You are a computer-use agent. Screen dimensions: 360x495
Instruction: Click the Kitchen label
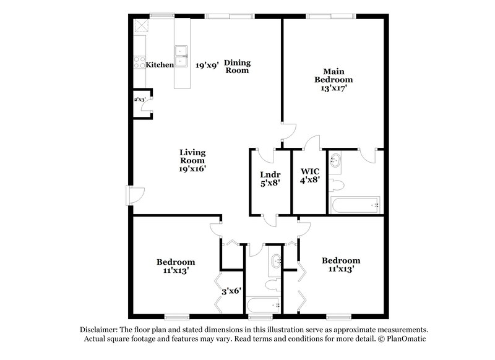tap(160, 64)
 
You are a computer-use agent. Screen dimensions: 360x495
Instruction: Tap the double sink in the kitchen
tap(182, 55)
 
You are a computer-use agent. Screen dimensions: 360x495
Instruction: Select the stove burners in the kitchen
tap(138, 62)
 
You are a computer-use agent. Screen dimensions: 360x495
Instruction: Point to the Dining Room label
tap(236, 66)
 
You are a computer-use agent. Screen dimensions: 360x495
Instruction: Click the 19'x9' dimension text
tap(207, 64)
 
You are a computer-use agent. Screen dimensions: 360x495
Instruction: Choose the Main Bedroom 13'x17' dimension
tap(334, 88)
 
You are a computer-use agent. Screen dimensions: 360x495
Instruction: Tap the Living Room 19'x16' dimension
tap(192, 168)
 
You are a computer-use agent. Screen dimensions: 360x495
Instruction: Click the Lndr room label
tap(270, 174)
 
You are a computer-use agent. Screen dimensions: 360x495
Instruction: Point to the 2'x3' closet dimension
tap(140, 99)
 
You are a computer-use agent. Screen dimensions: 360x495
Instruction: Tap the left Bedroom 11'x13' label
tap(175, 266)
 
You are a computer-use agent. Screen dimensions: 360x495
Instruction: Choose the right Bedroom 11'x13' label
tap(341, 265)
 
